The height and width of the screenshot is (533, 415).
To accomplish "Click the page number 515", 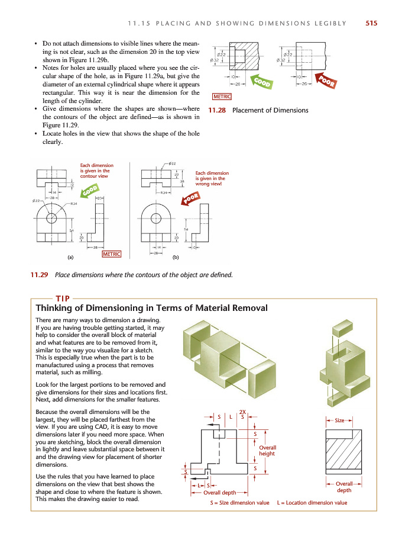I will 371,24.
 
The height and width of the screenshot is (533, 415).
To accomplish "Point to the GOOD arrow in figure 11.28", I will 262,82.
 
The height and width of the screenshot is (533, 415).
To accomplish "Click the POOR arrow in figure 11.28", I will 326,81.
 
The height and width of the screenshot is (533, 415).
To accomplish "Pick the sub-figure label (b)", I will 176,258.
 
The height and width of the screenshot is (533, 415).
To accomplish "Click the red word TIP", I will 63,298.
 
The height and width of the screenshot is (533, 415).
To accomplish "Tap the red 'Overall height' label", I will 267,451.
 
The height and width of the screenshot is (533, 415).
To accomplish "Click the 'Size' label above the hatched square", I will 339,420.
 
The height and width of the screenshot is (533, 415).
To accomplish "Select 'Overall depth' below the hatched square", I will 344,487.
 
